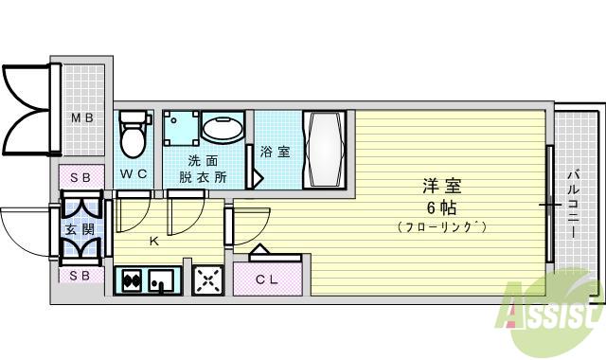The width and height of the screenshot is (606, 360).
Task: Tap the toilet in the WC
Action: pyautogui.click(x=134, y=135)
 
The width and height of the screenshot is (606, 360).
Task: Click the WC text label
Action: pyautogui.click(x=134, y=174)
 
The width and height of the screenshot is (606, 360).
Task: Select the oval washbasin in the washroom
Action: pyautogui.click(x=223, y=132)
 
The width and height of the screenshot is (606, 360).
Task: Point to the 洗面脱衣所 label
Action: pyautogui.click(x=206, y=168)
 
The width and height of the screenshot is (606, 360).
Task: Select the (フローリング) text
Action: pyautogui.click(x=442, y=228)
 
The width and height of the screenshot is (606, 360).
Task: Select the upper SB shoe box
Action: pyautogui.click(x=80, y=177)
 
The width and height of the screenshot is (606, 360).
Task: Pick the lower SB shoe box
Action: pyautogui.click(x=80, y=276)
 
